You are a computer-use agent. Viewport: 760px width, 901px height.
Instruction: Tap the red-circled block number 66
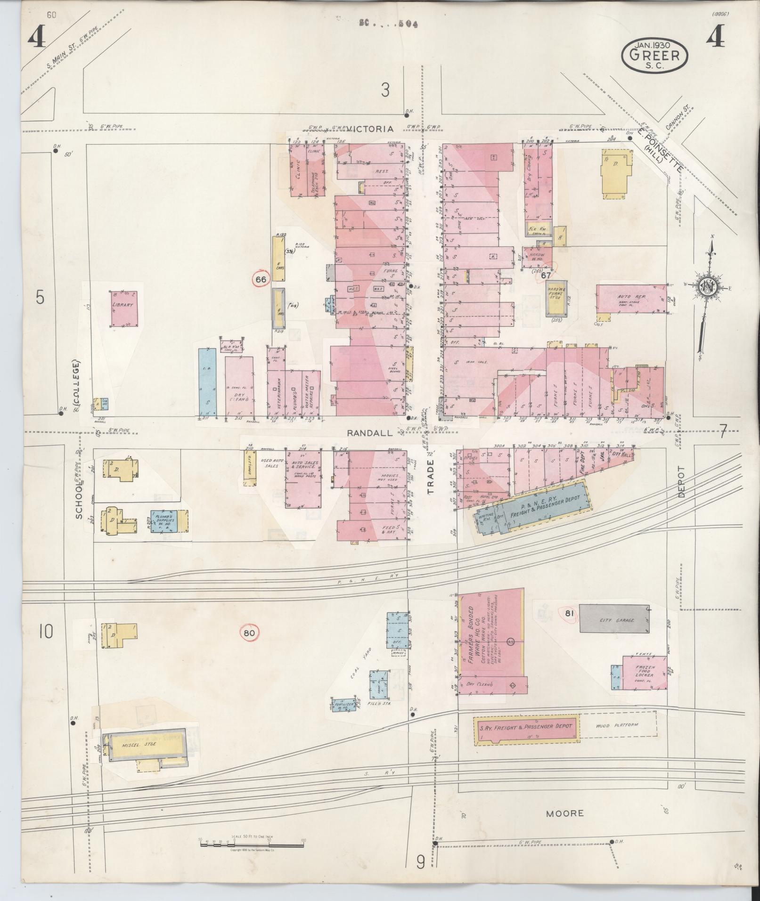261,279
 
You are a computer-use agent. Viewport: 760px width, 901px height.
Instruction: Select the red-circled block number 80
249,633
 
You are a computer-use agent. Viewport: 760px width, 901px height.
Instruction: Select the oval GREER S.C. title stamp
654,55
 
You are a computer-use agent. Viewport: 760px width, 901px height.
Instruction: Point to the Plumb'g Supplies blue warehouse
167,521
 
